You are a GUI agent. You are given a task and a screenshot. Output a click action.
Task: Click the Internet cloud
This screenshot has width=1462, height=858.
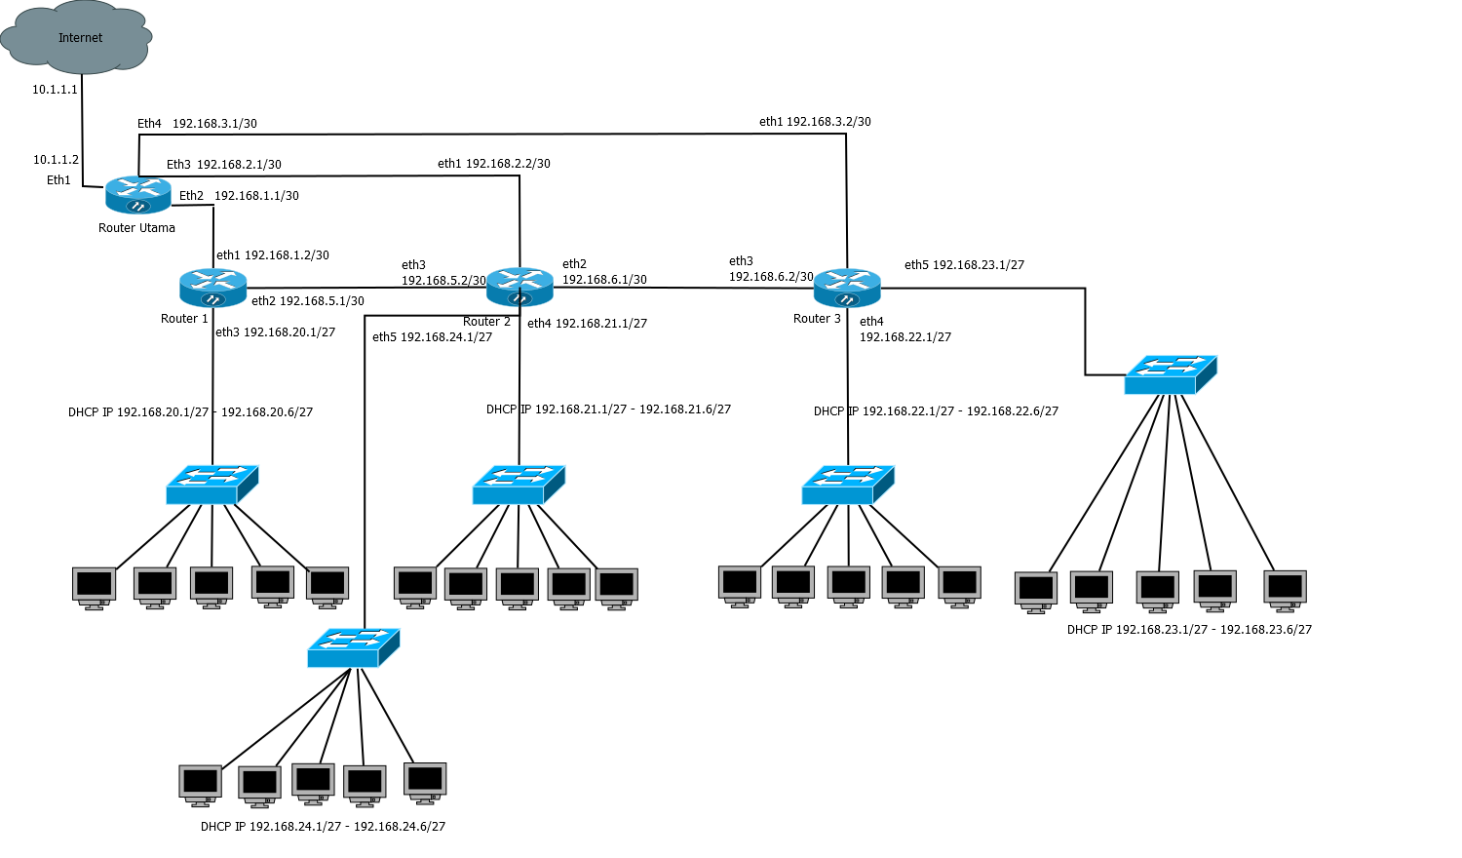click(77, 38)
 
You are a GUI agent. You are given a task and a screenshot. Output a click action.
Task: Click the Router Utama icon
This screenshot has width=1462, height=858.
click(137, 195)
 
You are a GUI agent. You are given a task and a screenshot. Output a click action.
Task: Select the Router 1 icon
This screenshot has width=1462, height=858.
click(212, 288)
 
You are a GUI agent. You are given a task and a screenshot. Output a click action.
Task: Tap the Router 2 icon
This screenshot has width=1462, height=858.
click(519, 287)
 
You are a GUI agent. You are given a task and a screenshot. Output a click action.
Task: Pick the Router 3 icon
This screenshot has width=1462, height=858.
click(847, 288)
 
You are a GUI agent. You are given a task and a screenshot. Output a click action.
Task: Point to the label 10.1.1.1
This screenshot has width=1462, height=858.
click(55, 90)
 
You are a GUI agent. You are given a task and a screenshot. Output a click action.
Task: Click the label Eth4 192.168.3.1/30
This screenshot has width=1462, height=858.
click(197, 124)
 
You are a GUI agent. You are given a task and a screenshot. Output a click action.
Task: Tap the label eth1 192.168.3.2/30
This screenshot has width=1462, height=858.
click(815, 122)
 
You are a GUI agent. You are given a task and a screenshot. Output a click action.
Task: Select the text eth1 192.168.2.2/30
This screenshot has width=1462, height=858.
click(493, 164)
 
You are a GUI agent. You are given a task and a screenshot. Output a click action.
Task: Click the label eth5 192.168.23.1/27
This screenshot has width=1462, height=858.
click(964, 265)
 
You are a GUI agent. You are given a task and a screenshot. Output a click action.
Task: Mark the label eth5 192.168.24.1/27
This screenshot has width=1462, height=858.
click(432, 337)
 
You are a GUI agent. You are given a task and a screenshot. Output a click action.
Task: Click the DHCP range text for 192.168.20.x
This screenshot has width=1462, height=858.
click(190, 412)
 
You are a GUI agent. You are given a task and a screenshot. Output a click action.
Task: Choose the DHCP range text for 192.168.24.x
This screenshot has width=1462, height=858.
click(323, 827)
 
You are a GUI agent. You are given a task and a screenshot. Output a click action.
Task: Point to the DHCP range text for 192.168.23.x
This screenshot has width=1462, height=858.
click(1189, 630)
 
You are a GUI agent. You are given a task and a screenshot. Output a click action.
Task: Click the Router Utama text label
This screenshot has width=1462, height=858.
click(136, 228)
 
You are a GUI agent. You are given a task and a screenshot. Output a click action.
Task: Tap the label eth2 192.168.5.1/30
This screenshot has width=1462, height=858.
click(307, 301)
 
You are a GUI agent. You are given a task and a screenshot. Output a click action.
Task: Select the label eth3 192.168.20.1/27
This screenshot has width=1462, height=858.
click(275, 332)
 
